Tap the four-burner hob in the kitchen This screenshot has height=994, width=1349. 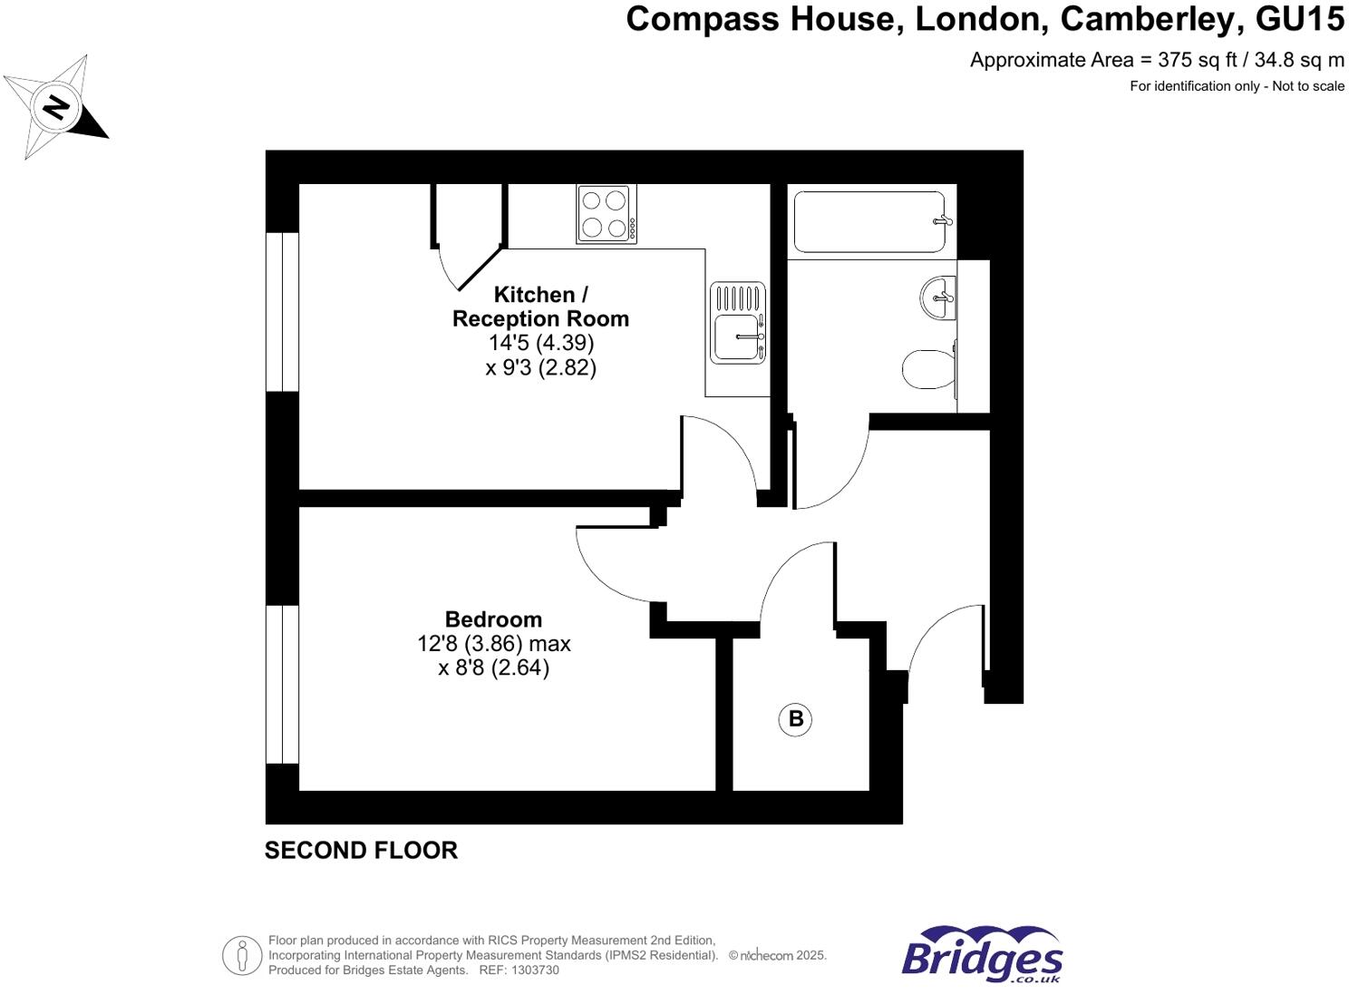pos(606,214)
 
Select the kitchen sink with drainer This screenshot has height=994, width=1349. pos(738,323)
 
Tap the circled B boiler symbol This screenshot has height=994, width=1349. pos(795,719)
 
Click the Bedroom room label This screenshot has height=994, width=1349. pos(493,619)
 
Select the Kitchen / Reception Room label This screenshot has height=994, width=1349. pos(540,307)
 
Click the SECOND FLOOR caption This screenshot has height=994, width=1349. pos(361,851)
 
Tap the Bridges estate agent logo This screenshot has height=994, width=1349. pos(982,954)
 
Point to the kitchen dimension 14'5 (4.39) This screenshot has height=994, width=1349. pos(541,343)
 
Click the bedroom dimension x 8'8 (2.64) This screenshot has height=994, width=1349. pos(494,668)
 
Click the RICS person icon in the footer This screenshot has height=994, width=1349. pos(242,955)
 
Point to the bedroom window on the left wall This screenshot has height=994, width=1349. pos(282,685)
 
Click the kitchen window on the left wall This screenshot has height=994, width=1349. pos(282,312)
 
